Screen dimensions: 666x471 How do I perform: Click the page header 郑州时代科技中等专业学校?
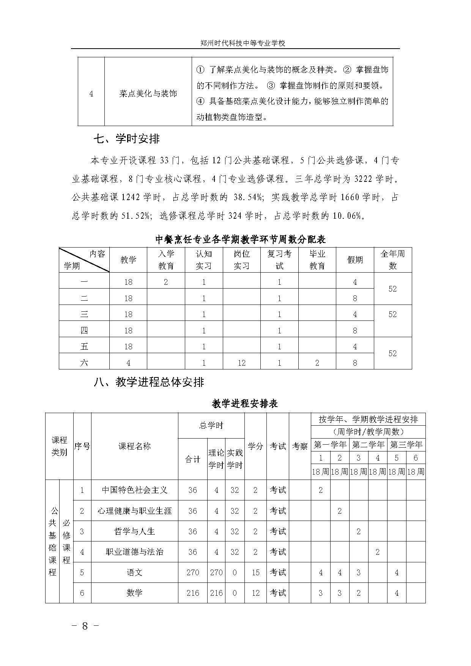pos(243,43)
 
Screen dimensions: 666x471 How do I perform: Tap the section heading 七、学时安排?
pos(126,139)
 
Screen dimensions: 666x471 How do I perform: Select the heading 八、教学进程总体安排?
pos(149,382)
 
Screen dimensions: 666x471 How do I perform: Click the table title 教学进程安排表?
pos(245,403)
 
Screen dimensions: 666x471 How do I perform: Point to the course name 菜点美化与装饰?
pos(148,93)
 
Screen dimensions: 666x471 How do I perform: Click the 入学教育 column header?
pos(166,260)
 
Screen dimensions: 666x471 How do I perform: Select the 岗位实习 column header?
pos(241,260)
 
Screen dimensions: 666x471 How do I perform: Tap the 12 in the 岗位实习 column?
pos(241,363)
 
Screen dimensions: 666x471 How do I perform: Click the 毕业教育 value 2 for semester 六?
pos(317,363)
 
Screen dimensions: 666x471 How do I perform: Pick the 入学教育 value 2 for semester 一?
pos(166,282)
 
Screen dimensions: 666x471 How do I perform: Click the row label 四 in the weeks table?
pos(84,330)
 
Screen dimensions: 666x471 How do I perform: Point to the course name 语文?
pos(134,572)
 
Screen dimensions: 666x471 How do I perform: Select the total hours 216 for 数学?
pos(193,593)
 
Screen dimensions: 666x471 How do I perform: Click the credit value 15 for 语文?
pos(255,572)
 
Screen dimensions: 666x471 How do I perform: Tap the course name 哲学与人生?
pos(134,531)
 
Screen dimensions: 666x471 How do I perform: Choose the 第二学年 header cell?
pos(368,445)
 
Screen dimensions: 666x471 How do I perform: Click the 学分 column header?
pos(255,446)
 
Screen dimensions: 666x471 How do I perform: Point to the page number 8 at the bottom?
pos(85,626)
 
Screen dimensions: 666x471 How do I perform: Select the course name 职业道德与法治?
pos(134,552)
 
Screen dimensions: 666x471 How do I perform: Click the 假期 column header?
pos(355,260)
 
